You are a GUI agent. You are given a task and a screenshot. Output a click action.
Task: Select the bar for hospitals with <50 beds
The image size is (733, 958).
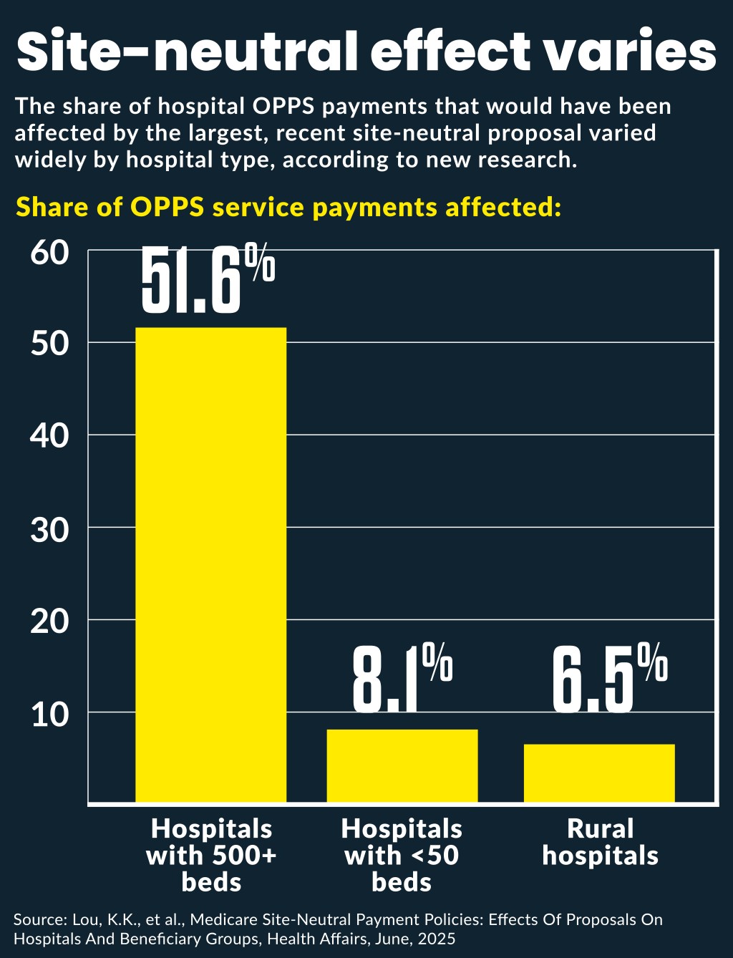[x=402, y=765]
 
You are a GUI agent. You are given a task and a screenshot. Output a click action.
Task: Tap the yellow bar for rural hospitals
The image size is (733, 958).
[x=599, y=773]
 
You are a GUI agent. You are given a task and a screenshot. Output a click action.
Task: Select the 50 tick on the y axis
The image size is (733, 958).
[x=49, y=344]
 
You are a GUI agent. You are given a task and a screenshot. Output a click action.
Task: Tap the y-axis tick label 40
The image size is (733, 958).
[x=49, y=435]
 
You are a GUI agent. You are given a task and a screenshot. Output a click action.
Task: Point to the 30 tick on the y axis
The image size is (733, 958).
[x=49, y=529]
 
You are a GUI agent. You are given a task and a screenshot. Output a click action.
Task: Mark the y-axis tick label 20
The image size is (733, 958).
[x=49, y=621]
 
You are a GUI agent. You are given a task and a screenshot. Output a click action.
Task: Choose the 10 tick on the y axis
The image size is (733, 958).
[x=49, y=714]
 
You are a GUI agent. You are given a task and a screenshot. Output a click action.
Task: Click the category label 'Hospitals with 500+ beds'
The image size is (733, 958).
[x=211, y=855]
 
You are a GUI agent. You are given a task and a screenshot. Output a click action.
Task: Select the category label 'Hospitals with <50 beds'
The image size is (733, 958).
[x=402, y=855]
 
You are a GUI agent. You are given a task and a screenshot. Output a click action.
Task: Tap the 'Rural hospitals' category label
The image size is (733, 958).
[x=600, y=842]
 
